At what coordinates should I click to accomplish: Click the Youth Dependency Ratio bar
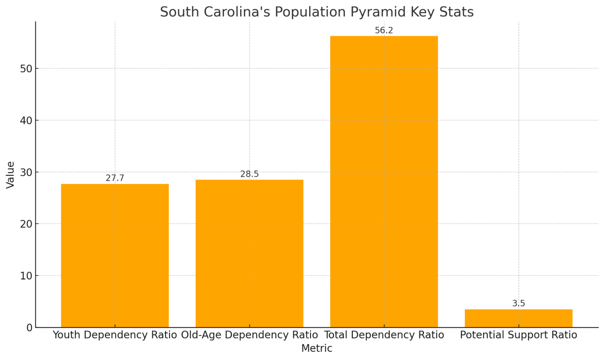115,255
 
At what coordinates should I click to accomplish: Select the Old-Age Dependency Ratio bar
249,253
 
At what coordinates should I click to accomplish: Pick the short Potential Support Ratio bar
518,318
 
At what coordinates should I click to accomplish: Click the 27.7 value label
115,178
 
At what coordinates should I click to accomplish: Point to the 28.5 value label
249,174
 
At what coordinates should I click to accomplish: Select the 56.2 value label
384,31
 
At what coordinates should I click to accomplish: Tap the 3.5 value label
518,303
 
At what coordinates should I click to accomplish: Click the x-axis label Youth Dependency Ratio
115,335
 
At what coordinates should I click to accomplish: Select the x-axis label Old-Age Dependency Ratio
249,335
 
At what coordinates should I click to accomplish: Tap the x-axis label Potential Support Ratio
518,335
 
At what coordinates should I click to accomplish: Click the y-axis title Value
10,174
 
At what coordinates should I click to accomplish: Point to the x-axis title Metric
317,348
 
